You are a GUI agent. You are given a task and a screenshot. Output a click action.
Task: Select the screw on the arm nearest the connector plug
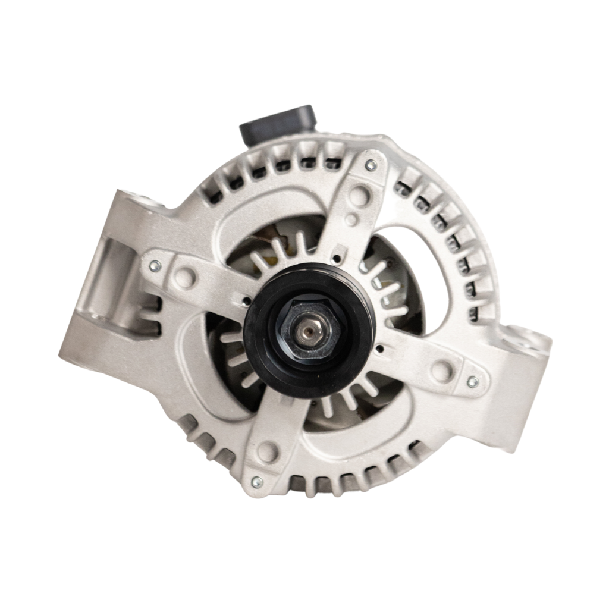point(371,165)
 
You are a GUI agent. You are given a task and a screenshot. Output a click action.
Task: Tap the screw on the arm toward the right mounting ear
point(472,382)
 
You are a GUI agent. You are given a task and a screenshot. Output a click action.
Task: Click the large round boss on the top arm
point(359,194)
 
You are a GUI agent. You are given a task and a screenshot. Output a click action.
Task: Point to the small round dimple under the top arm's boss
point(352,220)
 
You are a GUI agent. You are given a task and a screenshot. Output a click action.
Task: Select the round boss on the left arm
point(186,277)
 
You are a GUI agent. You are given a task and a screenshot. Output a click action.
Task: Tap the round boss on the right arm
point(441,371)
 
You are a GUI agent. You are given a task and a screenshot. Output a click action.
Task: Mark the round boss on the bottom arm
point(268,452)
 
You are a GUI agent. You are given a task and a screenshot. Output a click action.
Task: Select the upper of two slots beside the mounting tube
point(150,304)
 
